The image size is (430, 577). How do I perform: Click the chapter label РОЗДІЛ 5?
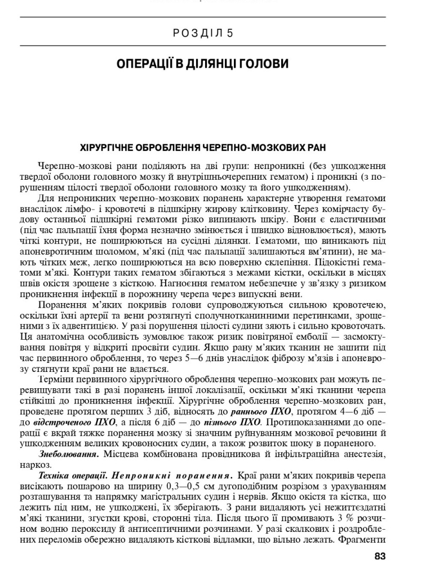[203, 33]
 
